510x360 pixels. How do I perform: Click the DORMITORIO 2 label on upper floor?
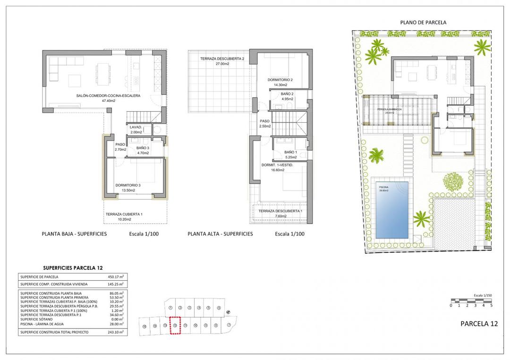pos(280,80)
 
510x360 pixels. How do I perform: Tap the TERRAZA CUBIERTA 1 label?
pos(124,214)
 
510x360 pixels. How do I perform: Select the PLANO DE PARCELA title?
pos(423,22)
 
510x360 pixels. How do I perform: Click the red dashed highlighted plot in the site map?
pos(175,325)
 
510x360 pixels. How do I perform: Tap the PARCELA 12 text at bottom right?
pos(478,324)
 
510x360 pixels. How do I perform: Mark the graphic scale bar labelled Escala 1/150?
pos(471,301)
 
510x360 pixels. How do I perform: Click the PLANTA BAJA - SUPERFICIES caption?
pos(74,234)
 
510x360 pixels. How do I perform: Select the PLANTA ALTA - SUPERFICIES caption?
pos(220,234)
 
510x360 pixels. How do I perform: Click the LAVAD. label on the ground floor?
pos(136,127)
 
